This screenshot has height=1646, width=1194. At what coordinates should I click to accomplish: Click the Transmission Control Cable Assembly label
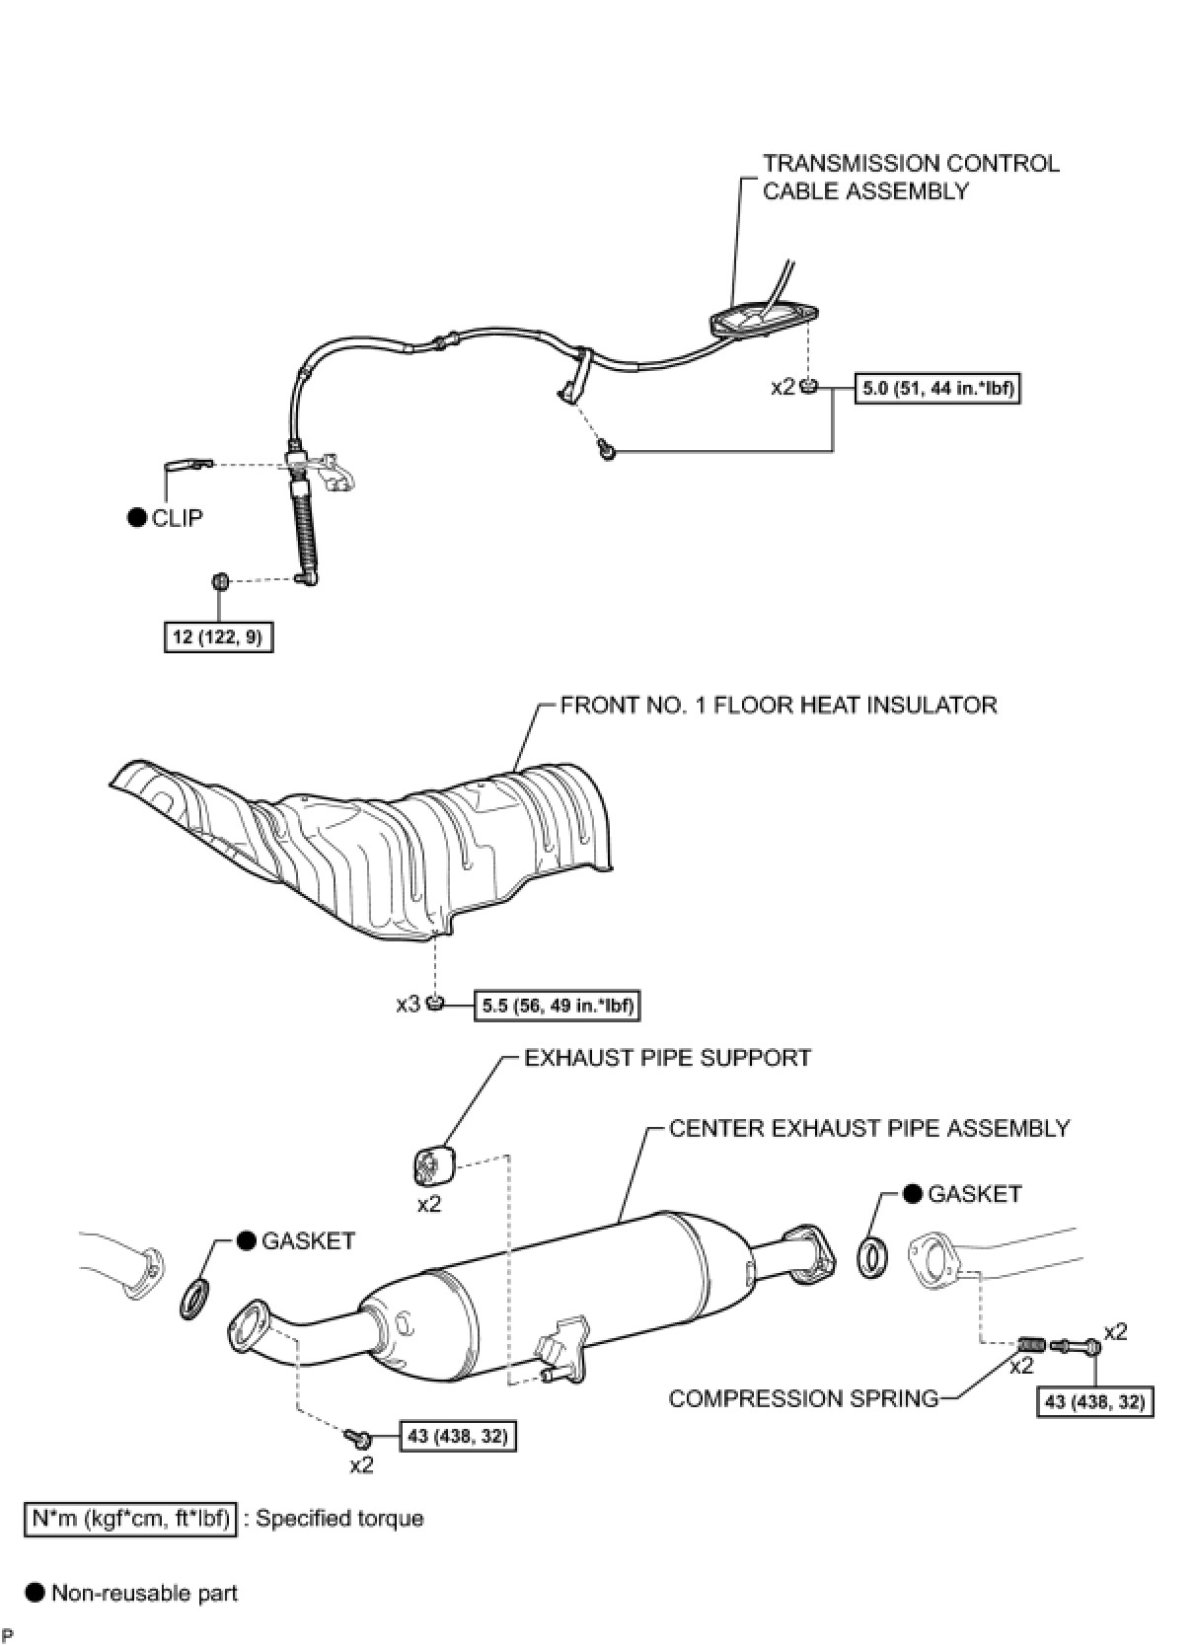910,177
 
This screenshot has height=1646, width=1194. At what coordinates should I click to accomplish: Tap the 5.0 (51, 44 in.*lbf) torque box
936,389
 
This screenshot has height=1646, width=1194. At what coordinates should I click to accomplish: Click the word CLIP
178,518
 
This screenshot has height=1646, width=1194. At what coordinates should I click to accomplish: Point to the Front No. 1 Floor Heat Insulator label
778,705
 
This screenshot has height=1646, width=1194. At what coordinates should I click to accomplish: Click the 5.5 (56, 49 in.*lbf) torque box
559,1006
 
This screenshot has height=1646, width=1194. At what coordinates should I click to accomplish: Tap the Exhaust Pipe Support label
667,1058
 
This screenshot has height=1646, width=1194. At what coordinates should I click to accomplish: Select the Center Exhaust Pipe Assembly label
868,1128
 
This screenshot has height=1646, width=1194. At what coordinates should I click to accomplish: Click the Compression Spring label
803,1398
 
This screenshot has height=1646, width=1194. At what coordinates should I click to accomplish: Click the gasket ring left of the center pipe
195,1299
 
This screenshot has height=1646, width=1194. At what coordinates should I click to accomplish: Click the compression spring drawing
1030,1344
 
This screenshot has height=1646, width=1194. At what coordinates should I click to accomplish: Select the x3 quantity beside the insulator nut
408,1005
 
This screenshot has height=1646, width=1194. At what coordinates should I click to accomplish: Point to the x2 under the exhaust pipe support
429,1204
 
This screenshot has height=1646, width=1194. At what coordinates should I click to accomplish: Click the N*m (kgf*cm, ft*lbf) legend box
130,1518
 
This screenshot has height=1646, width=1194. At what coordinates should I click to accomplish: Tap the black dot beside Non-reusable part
36,1592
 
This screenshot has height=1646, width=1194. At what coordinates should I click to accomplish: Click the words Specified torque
339,1518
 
